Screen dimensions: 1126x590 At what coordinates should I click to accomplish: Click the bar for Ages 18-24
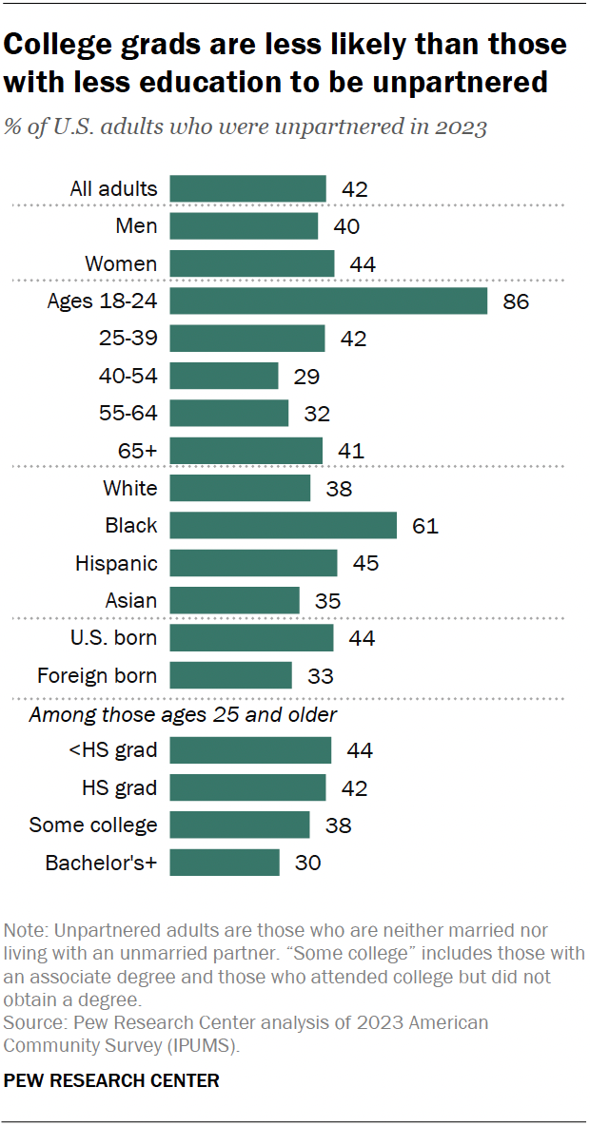[x=328, y=301]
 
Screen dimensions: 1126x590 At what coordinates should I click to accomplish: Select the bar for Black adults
[x=283, y=526]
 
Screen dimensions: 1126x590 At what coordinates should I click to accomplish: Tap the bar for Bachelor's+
[x=225, y=863]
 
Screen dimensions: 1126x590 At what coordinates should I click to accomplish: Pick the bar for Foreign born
[x=230, y=676]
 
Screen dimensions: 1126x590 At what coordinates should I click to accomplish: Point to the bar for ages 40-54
[x=224, y=376]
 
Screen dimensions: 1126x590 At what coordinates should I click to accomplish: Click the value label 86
[x=516, y=302]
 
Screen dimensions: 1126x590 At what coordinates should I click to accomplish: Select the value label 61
[x=425, y=526]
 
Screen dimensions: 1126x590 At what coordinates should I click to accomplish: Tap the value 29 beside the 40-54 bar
[x=306, y=377]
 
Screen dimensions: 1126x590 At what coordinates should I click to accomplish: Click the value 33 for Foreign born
[x=320, y=676]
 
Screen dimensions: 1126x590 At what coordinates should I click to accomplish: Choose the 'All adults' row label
[x=113, y=189]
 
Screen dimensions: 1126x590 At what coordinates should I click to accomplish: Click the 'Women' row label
[x=121, y=263]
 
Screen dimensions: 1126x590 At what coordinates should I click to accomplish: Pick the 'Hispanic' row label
[x=116, y=564]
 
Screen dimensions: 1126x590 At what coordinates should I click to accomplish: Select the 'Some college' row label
[x=93, y=825]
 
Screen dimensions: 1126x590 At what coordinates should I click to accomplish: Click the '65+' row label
[x=138, y=451]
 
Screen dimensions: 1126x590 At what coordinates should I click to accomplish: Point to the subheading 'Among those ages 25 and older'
[x=184, y=714]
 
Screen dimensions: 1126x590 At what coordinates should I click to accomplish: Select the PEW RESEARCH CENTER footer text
[x=112, y=1080]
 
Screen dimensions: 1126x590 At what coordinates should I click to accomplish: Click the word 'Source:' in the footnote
[x=34, y=1022]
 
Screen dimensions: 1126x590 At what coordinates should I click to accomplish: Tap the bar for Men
[x=244, y=226]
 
